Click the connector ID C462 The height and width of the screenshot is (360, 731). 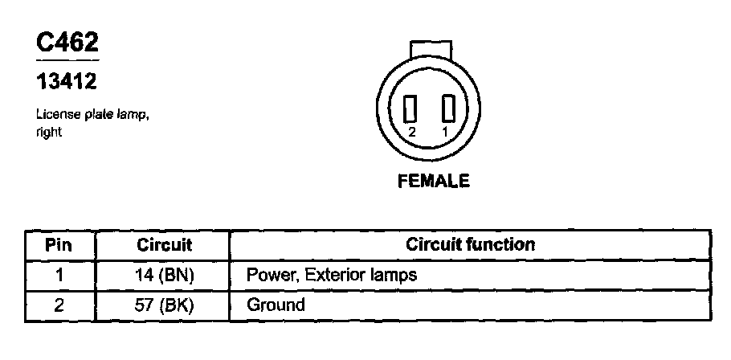[x=67, y=44]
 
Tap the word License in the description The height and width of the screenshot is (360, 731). [x=53, y=116]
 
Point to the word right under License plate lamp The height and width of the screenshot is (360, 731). [x=48, y=133]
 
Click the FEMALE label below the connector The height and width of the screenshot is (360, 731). [x=433, y=182]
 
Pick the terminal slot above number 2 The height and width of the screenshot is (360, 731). [x=412, y=108]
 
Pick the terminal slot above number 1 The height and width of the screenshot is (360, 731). [x=447, y=108]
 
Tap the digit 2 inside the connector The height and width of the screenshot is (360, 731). [x=411, y=131]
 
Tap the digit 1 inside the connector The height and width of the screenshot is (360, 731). [x=445, y=131]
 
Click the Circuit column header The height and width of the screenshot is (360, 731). [x=164, y=244]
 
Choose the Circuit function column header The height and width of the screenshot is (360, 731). [x=470, y=244]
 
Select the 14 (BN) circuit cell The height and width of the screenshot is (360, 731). [x=164, y=275]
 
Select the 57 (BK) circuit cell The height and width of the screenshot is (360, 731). [x=164, y=305]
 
